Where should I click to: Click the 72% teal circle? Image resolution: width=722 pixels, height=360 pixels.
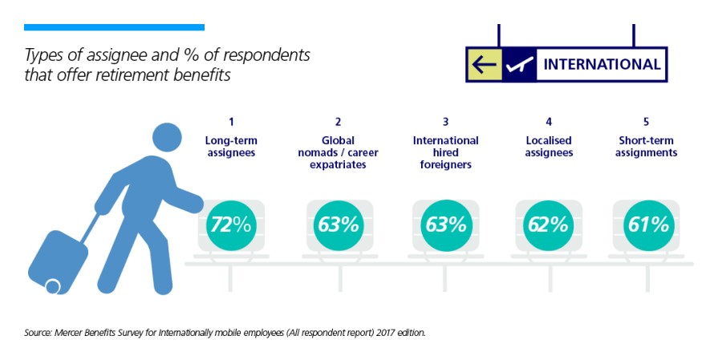point(230,224)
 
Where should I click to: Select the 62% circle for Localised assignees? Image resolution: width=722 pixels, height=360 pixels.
point(549,224)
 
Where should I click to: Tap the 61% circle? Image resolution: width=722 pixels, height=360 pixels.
point(647,224)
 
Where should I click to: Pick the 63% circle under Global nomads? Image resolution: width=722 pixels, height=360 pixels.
point(338,224)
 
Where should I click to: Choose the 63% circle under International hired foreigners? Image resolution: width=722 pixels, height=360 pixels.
point(445,224)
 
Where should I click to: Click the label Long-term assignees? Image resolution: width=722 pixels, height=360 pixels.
point(230,146)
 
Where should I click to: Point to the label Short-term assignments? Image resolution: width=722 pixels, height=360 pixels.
point(647,146)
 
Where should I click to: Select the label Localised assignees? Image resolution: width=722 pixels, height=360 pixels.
point(549,146)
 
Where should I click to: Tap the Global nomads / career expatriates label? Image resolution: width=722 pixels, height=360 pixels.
point(338,152)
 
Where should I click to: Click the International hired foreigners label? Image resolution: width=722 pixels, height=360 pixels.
point(445,152)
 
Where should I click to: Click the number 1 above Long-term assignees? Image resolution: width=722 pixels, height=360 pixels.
point(231,122)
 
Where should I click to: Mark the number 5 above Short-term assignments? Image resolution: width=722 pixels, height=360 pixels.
point(646,122)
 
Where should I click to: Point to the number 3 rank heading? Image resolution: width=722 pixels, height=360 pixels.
point(445,122)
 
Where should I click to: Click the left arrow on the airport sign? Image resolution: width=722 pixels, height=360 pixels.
point(484,64)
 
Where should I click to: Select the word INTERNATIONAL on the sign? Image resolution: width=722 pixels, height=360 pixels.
point(602,64)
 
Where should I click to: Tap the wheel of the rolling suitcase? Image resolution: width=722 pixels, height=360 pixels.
point(54,285)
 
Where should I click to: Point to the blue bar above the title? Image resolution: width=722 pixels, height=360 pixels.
point(114,27)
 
